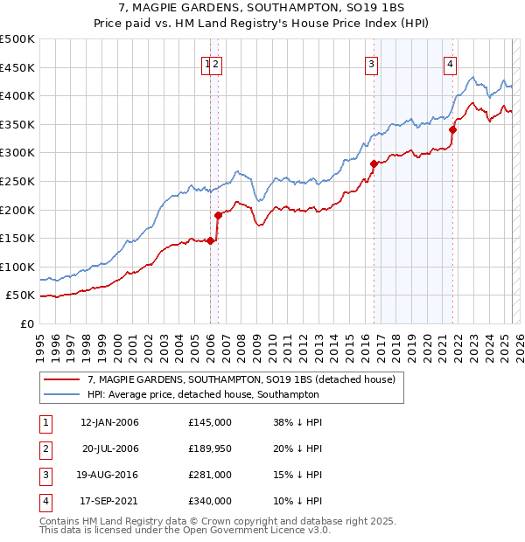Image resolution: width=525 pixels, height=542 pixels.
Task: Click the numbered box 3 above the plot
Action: (372, 63)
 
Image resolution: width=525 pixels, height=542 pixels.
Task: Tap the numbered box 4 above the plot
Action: (450, 63)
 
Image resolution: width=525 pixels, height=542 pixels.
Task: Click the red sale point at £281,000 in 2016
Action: (374, 163)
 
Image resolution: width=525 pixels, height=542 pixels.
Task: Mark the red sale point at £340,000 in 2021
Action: (452, 129)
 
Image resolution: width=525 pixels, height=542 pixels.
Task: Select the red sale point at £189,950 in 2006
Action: (218, 215)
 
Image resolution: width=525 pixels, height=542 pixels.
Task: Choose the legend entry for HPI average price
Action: (203, 394)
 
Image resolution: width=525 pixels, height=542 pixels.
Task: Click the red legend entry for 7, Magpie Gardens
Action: (241, 379)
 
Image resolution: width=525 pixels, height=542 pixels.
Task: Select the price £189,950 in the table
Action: (210, 448)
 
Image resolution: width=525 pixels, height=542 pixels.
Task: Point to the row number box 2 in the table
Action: (44, 448)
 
